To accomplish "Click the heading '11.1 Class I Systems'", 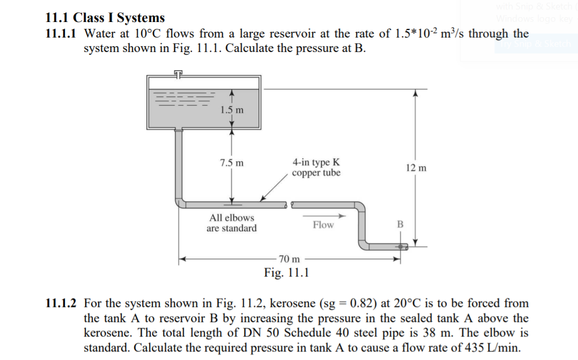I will coord(105,18).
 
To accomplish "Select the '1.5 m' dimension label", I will coord(232,110).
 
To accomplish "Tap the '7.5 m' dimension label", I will coord(232,162).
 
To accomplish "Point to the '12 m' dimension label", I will coord(416,168).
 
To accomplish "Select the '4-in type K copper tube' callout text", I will coord(316,167).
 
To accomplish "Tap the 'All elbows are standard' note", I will coord(232,223).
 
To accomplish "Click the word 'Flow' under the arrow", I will coord(323,225).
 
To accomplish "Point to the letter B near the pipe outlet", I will coord(399,224).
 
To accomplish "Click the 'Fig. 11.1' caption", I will coord(286,273).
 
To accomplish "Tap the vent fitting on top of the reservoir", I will coord(178,73).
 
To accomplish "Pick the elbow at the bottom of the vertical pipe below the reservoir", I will coord(180,202).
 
